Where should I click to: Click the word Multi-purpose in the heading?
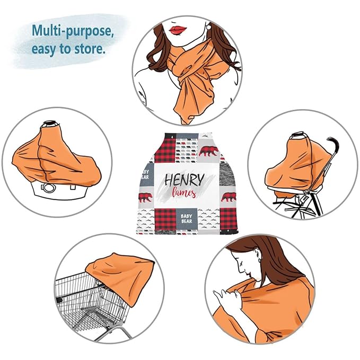pos(73,31)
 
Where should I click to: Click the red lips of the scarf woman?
pos(178,30)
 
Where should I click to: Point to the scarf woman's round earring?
pos(208,27)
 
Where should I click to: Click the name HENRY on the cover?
pos(185,180)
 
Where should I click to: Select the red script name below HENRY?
pos(184,192)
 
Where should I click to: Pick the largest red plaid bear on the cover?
pos(208,151)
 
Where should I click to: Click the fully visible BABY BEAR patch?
pos(187,218)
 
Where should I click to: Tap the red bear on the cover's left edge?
pos(145,197)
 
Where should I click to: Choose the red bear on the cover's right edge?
pos(229,197)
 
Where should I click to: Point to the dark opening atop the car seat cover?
pos(50,124)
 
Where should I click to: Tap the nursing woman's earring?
pos(260,260)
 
